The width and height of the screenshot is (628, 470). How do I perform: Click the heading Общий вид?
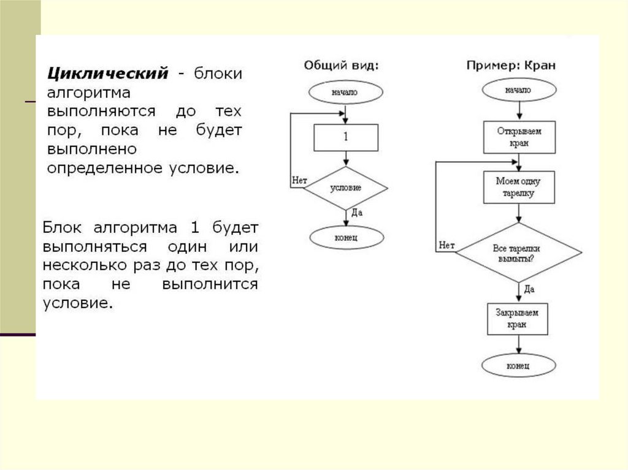342,65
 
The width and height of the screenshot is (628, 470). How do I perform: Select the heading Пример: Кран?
510,65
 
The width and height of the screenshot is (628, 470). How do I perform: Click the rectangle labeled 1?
346,137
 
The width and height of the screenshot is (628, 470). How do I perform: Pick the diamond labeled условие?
346,188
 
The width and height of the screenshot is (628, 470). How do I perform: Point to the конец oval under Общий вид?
346,236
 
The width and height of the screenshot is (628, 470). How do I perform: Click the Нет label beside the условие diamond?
299,180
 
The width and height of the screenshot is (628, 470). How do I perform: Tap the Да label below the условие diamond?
357,213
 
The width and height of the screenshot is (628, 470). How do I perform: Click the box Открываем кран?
519,137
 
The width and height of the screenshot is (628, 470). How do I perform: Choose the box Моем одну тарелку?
519,187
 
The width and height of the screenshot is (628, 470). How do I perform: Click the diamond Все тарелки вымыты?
519,253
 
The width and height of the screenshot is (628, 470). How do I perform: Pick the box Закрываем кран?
518,319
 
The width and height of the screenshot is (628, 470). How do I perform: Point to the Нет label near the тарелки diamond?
446,246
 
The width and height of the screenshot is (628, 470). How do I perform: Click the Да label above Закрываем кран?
529,288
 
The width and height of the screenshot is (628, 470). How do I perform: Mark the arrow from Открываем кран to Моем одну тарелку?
519,162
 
